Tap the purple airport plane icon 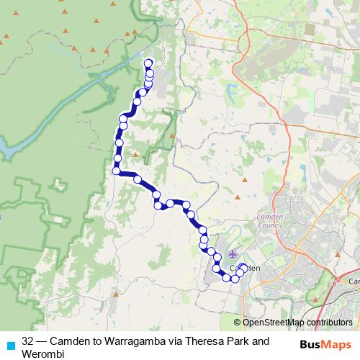pyautogui.click(x=233, y=253)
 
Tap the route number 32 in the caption pyautogui.click(x=28, y=341)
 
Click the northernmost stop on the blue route pyautogui.click(x=149, y=63)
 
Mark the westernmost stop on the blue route pyautogui.click(x=116, y=171)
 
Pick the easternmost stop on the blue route pyautogui.click(x=243, y=268)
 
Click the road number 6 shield pyautogui.click(x=335, y=283)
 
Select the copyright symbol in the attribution pyautogui.click(x=237, y=323)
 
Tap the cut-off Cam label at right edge pyautogui.click(x=354, y=280)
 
